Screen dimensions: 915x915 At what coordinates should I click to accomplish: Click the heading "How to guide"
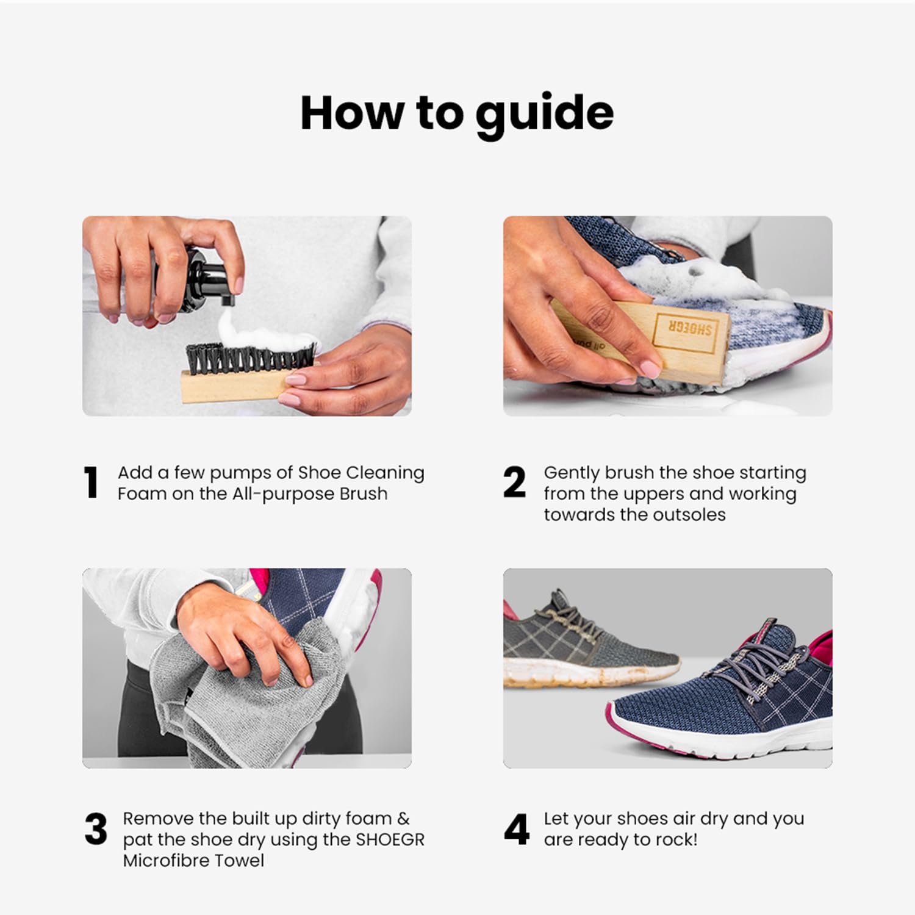click(x=457, y=113)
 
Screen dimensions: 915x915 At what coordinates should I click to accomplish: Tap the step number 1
click(x=91, y=483)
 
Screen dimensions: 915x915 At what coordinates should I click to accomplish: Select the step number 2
click(x=514, y=483)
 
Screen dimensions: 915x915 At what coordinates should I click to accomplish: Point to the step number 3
click(x=96, y=830)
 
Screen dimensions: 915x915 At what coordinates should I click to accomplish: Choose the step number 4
click(x=516, y=830)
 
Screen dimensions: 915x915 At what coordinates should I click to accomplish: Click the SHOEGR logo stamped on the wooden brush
click(x=683, y=330)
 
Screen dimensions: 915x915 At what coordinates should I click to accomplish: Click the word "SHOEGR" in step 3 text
click(x=390, y=839)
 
